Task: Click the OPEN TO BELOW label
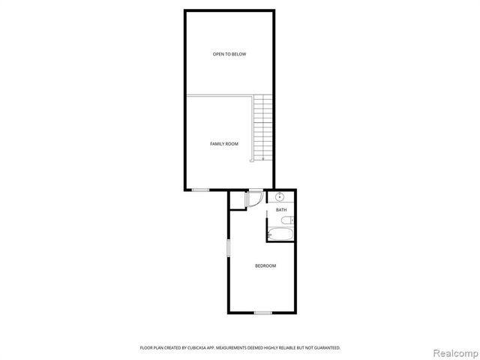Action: [x=229, y=54]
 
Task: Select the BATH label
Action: [x=281, y=210]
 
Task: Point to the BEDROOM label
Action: [x=265, y=266]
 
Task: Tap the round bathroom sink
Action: [x=279, y=196]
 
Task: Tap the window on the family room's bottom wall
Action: [x=200, y=190]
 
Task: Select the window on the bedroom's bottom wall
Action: [x=262, y=312]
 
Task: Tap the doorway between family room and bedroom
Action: [x=256, y=190]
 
